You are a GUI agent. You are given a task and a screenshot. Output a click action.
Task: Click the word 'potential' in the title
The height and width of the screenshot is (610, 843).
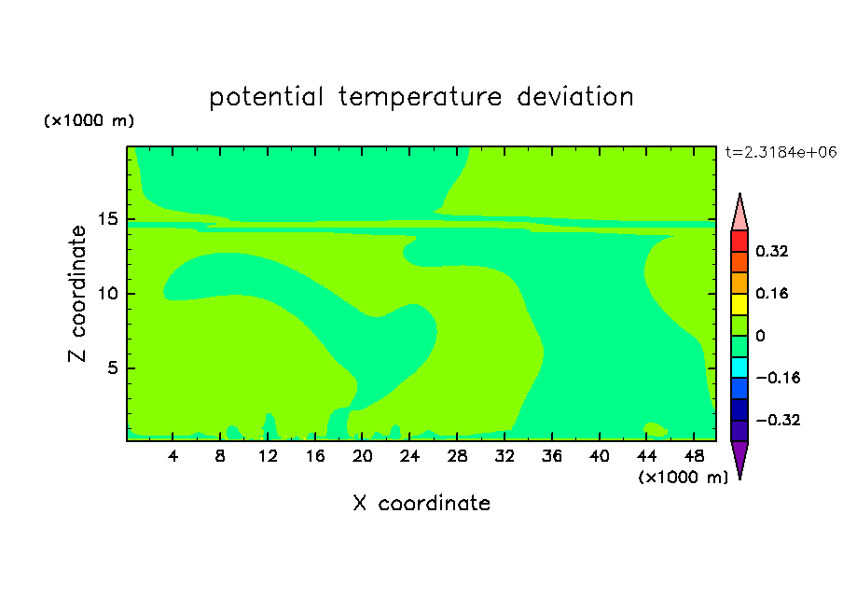pyautogui.click(x=266, y=97)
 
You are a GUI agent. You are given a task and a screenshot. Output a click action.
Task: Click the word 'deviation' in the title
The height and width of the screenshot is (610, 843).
pyautogui.click(x=575, y=96)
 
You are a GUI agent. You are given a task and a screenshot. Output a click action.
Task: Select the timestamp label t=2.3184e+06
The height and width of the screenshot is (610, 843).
pyautogui.click(x=781, y=152)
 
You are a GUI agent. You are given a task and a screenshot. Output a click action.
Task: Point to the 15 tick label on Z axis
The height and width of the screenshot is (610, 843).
pyautogui.click(x=107, y=219)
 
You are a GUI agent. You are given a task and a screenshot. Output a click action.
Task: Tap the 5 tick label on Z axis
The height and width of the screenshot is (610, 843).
pyautogui.click(x=112, y=367)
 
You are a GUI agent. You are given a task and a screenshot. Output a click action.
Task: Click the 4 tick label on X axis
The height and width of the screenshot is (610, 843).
pyautogui.click(x=173, y=456)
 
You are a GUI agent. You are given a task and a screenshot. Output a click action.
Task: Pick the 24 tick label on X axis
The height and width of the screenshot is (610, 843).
pyautogui.click(x=409, y=456)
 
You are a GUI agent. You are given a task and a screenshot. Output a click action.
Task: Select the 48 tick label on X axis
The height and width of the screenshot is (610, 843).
pyautogui.click(x=694, y=456)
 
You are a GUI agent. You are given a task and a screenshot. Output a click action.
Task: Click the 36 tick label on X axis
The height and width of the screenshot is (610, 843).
pyautogui.click(x=552, y=456)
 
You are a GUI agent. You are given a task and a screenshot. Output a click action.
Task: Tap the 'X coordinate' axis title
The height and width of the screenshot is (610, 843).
pyautogui.click(x=421, y=503)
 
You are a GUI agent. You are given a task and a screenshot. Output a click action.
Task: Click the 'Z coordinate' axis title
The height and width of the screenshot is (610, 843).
pyautogui.click(x=76, y=294)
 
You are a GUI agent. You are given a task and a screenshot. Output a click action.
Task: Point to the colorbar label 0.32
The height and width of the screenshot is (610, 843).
pyautogui.click(x=771, y=251)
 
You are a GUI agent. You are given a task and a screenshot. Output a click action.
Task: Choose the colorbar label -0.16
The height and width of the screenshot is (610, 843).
pyautogui.click(x=778, y=378)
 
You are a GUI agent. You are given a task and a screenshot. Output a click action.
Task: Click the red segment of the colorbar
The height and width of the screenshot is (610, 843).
pyautogui.click(x=739, y=241)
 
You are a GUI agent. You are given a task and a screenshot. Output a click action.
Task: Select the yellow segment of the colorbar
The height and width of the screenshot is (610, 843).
pyautogui.click(x=739, y=304)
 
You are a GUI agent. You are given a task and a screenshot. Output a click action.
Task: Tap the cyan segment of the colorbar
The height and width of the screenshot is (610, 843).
pyautogui.click(x=739, y=367)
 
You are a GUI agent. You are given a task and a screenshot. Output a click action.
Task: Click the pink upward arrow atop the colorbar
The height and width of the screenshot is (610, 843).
pyautogui.click(x=739, y=214)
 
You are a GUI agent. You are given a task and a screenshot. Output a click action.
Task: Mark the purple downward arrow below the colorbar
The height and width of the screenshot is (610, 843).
pyautogui.click(x=739, y=459)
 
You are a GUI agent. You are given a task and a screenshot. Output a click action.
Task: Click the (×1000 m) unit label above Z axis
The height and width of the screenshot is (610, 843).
pyautogui.click(x=89, y=120)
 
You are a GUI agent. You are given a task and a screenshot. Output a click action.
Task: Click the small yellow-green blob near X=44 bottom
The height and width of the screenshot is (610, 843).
pyautogui.click(x=656, y=429)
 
